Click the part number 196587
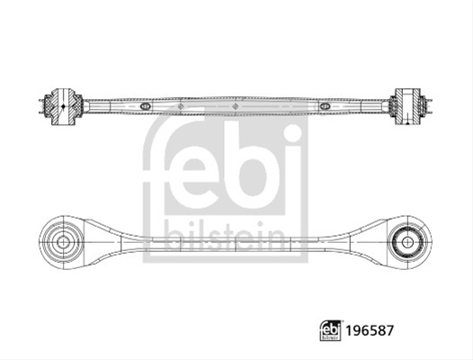point(370,330)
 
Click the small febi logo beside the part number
point(331,330)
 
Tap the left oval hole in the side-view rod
point(145,106)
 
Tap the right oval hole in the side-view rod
point(325,106)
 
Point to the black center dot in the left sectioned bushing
point(63,106)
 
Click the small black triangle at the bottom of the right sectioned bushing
point(407,122)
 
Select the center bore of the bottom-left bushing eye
point(63,242)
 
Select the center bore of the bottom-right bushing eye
point(407,242)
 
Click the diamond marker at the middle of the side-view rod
point(236,106)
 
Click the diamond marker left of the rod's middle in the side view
point(181,106)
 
